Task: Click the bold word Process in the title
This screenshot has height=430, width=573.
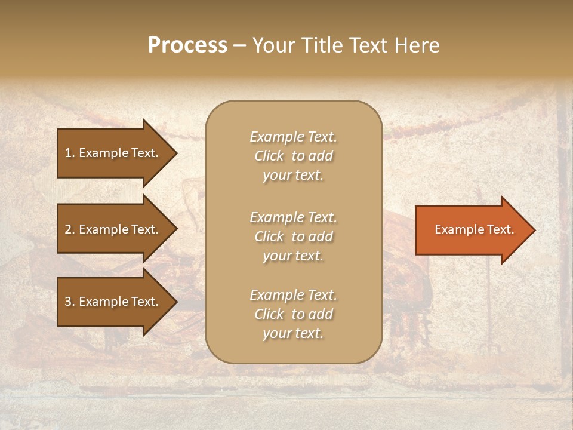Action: point(187,45)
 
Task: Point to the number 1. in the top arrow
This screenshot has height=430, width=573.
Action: point(70,153)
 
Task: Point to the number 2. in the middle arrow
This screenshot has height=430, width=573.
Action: point(70,229)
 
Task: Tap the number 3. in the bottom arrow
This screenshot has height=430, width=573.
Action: point(70,302)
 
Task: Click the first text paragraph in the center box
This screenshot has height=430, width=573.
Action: point(293,156)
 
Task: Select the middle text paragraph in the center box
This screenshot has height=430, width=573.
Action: point(293,236)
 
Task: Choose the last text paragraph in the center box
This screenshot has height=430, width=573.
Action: point(293,314)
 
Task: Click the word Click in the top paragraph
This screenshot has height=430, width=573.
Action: point(269,156)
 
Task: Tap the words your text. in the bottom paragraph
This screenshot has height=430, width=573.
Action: point(293,333)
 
